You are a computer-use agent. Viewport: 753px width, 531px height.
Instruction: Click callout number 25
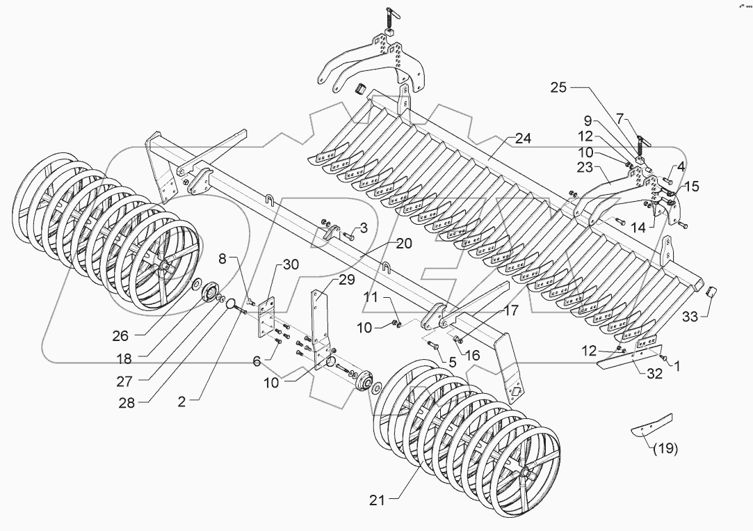coord(559,88)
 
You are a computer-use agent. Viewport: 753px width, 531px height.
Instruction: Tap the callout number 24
coord(523,138)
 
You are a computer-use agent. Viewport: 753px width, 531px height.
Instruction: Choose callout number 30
coord(290,264)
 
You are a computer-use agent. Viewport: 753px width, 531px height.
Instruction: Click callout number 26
coord(120,335)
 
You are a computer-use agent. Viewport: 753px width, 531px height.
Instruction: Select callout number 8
coord(222,260)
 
